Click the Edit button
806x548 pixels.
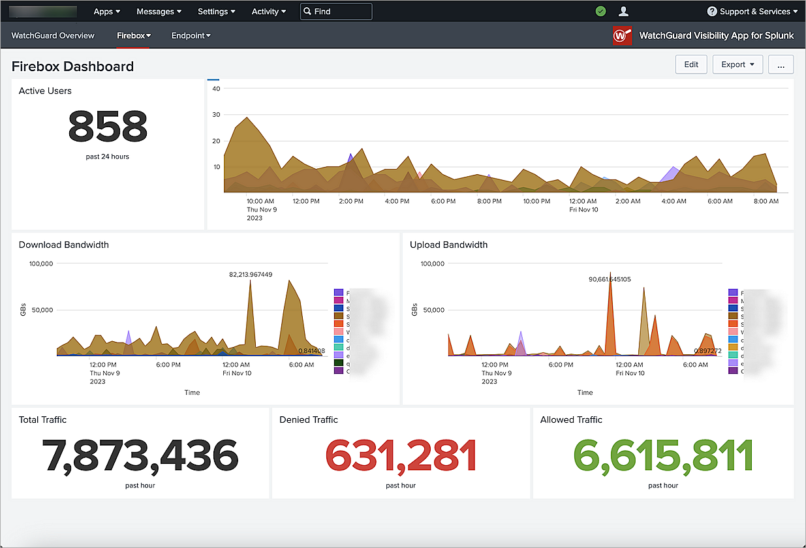(x=691, y=65)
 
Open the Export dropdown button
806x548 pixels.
(x=737, y=65)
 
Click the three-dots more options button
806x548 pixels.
(x=781, y=65)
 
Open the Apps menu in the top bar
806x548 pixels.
(x=106, y=11)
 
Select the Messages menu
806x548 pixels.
(x=159, y=11)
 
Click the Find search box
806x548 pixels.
(x=336, y=11)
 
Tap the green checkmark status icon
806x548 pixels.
(x=600, y=11)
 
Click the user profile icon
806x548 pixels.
(x=623, y=11)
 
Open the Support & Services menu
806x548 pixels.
(x=752, y=11)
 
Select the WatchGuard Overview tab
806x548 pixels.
(x=53, y=35)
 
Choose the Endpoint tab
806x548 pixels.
(x=191, y=35)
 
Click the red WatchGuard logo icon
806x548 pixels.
(x=623, y=35)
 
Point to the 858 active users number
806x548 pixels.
(x=108, y=127)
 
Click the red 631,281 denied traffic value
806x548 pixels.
(x=401, y=455)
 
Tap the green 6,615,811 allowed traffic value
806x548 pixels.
(x=662, y=455)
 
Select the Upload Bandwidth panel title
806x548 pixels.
(x=448, y=245)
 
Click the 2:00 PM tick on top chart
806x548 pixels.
(x=351, y=201)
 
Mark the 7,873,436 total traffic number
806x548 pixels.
(x=140, y=455)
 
